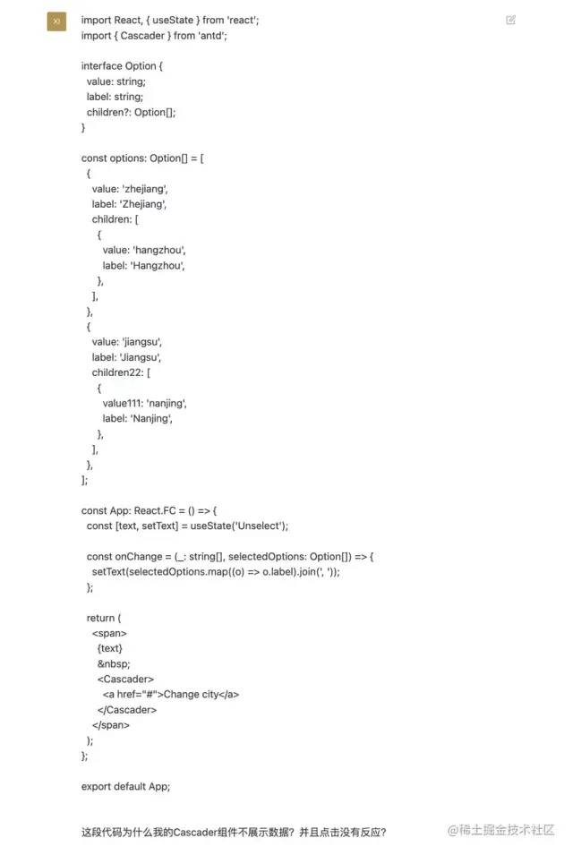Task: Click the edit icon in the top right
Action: click(510, 20)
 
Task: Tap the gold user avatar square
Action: click(56, 21)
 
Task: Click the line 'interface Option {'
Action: click(122, 66)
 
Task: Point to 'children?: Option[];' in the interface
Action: click(132, 112)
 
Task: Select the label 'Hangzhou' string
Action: click(160, 265)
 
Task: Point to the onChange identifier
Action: click(137, 557)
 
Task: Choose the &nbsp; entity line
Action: click(113, 663)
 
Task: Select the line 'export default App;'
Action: click(125, 786)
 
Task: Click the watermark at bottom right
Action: click(501, 830)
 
